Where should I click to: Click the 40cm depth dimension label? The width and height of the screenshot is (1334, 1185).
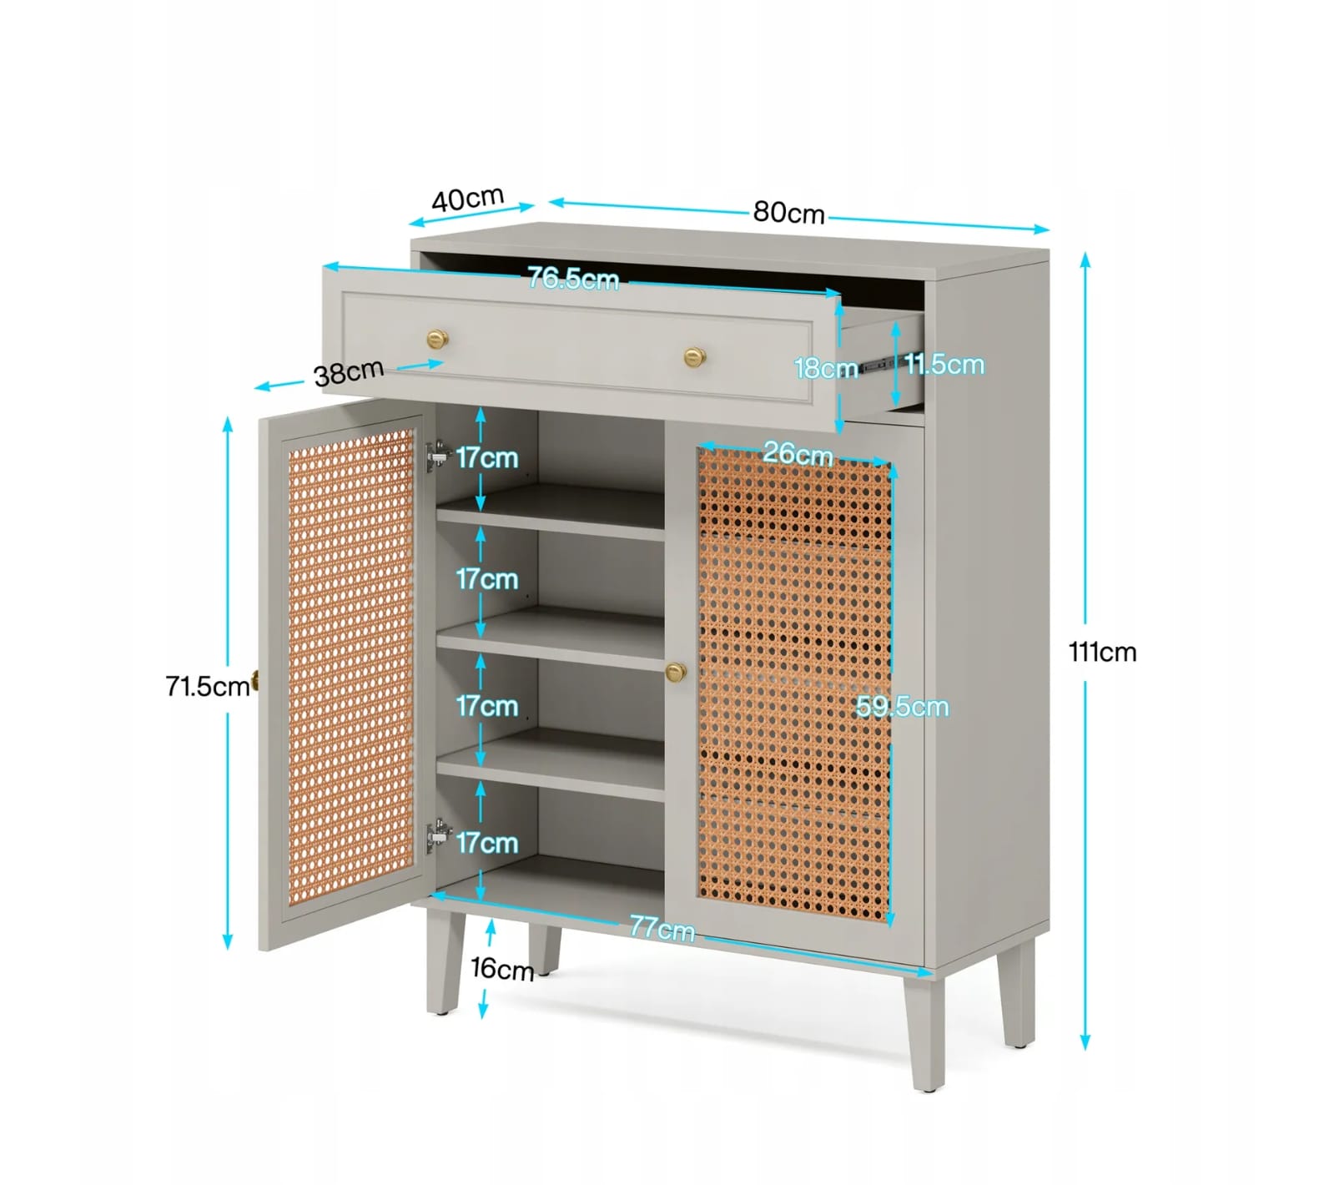click(x=468, y=199)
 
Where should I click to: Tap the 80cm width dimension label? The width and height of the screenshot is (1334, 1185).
click(x=788, y=213)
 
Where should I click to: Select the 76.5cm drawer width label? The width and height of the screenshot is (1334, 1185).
click(x=573, y=278)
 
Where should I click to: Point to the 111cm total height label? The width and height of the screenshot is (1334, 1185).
click(x=1102, y=651)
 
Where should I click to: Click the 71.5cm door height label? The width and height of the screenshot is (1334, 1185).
click(x=208, y=686)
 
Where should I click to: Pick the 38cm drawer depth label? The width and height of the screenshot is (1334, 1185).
click(x=349, y=372)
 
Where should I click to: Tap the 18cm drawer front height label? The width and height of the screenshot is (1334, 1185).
click(x=826, y=368)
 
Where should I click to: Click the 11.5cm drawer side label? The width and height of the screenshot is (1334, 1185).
click(x=944, y=364)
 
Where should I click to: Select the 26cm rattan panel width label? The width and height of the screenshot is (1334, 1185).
click(x=798, y=453)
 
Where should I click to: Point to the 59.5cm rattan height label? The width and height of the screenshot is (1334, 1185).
click(x=903, y=707)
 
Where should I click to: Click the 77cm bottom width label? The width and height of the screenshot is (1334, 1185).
click(x=662, y=927)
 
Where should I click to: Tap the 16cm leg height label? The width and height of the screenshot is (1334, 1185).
click(x=502, y=969)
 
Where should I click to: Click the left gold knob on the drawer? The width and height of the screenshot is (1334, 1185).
click(x=437, y=339)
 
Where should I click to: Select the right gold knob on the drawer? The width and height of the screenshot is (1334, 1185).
click(x=695, y=357)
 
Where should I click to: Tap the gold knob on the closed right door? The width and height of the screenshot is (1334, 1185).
click(x=676, y=672)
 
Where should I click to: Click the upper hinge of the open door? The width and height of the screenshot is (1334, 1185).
click(x=438, y=456)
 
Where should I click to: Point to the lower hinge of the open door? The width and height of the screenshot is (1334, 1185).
click(x=438, y=835)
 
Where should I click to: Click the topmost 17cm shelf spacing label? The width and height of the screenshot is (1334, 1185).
click(x=487, y=457)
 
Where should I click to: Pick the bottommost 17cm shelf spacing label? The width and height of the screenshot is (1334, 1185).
click(x=487, y=843)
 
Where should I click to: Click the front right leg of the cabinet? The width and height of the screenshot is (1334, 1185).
click(x=924, y=1033)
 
